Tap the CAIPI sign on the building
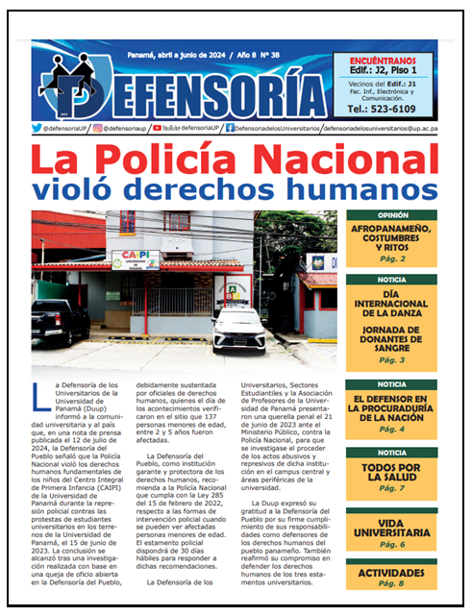click(x=136, y=259)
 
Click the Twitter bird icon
click(x=37, y=128)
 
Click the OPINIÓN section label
click(x=391, y=215)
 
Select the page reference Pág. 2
click(x=391, y=259)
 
